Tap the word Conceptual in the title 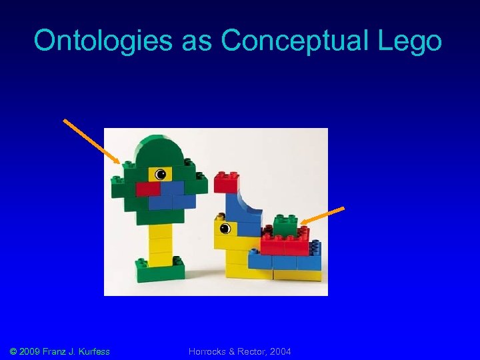click(x=304, y=41)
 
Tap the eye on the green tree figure click(x=160, y=175)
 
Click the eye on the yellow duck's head click(x=225, y=229)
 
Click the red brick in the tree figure click(x=148, y=189)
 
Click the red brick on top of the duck click(x=227, y=181)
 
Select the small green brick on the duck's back click(x=285, y=227)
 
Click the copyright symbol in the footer click(x=15, y=351)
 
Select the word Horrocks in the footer click(x=209, y=351)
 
